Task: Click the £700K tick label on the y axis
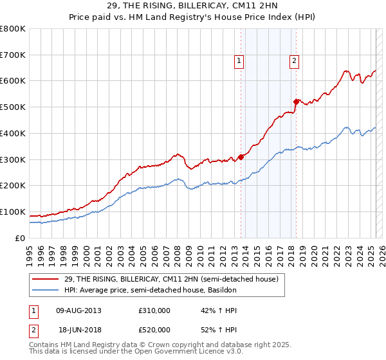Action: click(x=13, y=55)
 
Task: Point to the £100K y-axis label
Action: click(x=13, y=212)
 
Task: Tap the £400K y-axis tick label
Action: click(x=13, y=133)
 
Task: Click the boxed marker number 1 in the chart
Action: click(x=239, y=61)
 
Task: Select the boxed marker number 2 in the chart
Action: click(x=294, y=61)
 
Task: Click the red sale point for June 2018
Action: click(x=296, y=102)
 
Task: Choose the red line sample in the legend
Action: click(x=46, y=279)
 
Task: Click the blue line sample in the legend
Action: click(x=46, y=291)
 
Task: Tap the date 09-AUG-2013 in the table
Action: click(x=78, y=310)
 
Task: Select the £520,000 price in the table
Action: click(x=154, y=329)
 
